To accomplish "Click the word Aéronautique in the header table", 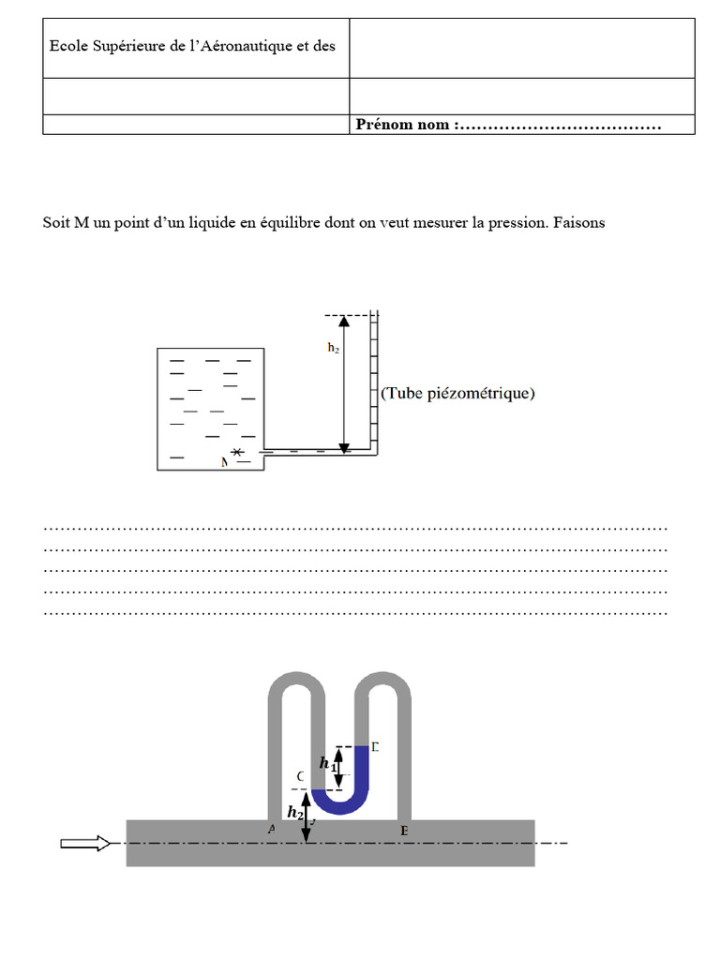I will (247, 46).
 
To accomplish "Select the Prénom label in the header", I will (382, 125).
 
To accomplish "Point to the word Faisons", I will (579, 222).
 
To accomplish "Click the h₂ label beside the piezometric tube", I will (333, 347).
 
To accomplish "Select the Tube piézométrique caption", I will (457, 394).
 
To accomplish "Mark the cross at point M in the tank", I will (238, 453).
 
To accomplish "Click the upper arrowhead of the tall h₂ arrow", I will (344, 321).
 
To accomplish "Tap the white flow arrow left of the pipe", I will (85, 843).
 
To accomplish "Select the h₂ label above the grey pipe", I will (295, 812).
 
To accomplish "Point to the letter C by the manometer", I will (300, 777).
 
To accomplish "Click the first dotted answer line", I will (355, 528).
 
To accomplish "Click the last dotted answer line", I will (355, 614).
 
